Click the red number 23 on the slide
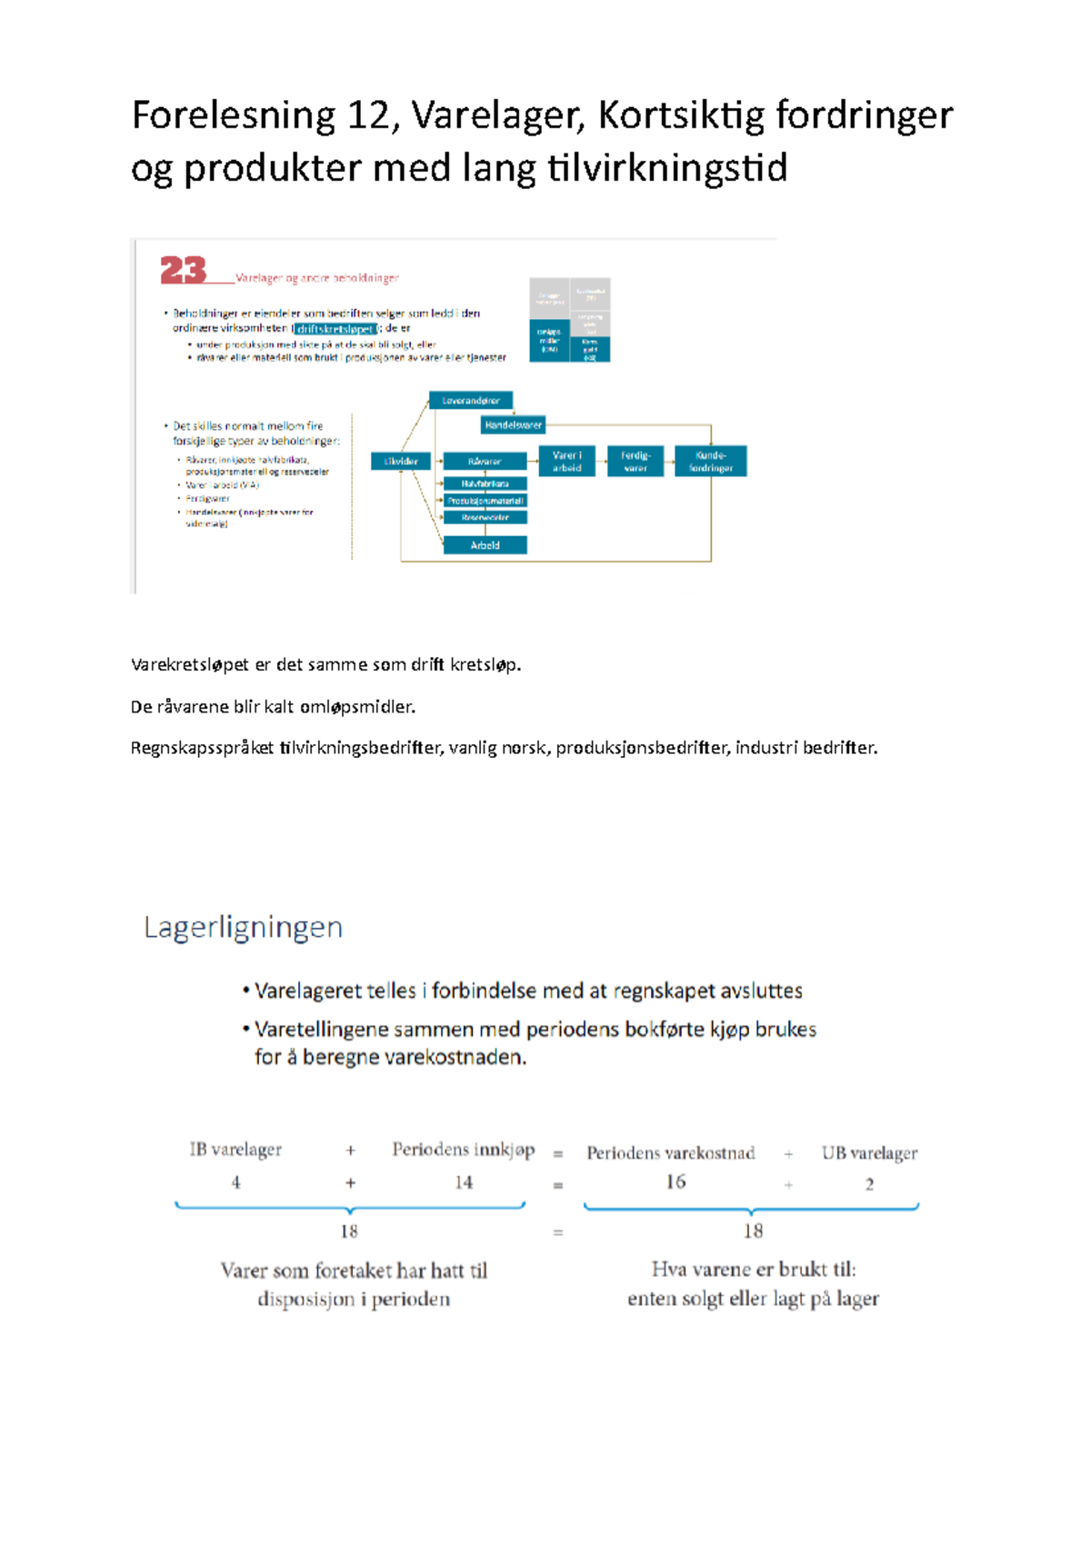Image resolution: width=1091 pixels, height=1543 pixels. (x=183, y=270)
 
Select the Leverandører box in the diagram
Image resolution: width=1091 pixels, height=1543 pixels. (x=471, y=401)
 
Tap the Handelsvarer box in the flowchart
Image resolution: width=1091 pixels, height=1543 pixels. (x=513, y=424)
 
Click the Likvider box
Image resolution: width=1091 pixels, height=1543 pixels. (x=400, y=462)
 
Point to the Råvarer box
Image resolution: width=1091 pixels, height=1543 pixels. (x=485, y=462)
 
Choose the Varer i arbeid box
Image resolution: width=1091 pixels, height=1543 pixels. (x=566, y=462)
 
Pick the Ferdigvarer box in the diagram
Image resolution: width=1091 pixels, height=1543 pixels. (x=636, y=462)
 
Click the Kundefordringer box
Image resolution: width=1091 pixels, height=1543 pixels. (x=710, y=462)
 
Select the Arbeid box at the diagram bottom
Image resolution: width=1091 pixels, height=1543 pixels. (x=485, y=545)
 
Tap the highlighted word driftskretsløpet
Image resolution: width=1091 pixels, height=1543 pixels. (x=335, y=329)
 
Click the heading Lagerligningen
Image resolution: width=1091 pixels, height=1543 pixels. (x=243, y=928)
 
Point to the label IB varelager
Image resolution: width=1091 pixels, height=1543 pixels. (x=235, y=1150)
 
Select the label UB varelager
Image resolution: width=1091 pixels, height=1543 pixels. (x=869, y=1153)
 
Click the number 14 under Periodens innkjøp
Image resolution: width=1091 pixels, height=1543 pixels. (x=464, y=1182)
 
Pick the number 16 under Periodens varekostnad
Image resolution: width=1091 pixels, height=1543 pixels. (x=676, y=1181)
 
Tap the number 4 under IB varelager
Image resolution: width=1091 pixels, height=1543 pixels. (x=235, y=1182)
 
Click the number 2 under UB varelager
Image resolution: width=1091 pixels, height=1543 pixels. (x=869, y=1184)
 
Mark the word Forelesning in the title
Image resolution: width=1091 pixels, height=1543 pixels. (x=234, y=115)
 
